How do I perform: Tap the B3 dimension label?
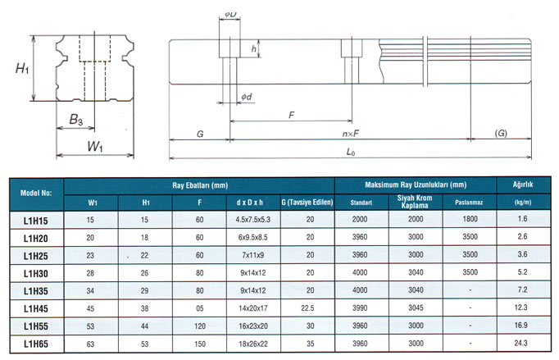tap(75, 121)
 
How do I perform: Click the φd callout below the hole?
tap(246, 98)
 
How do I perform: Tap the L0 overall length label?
tap(350, 153)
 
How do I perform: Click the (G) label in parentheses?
tap(500, 133)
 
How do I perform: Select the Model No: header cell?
tap(36, 193)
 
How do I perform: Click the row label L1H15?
tap(36, 219)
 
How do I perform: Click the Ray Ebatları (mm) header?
tap(200, 185)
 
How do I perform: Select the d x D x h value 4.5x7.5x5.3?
tap(253, 219)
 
